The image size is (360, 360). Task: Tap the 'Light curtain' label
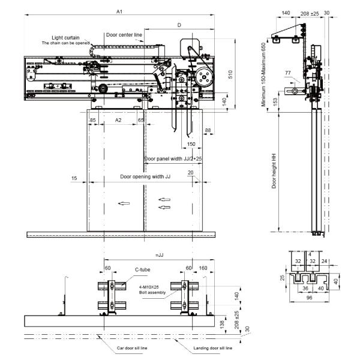click(x=65, y=37)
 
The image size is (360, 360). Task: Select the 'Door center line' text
click(x=124, y=35)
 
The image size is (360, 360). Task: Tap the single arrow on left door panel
click(x=124, y=203)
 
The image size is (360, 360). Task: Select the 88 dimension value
click(x=208, y=130)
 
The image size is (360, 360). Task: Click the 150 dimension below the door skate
click(x=190, y=145)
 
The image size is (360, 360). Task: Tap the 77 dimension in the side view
click(x=289, y=73)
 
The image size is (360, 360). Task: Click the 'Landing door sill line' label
click(x=213, y=348)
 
